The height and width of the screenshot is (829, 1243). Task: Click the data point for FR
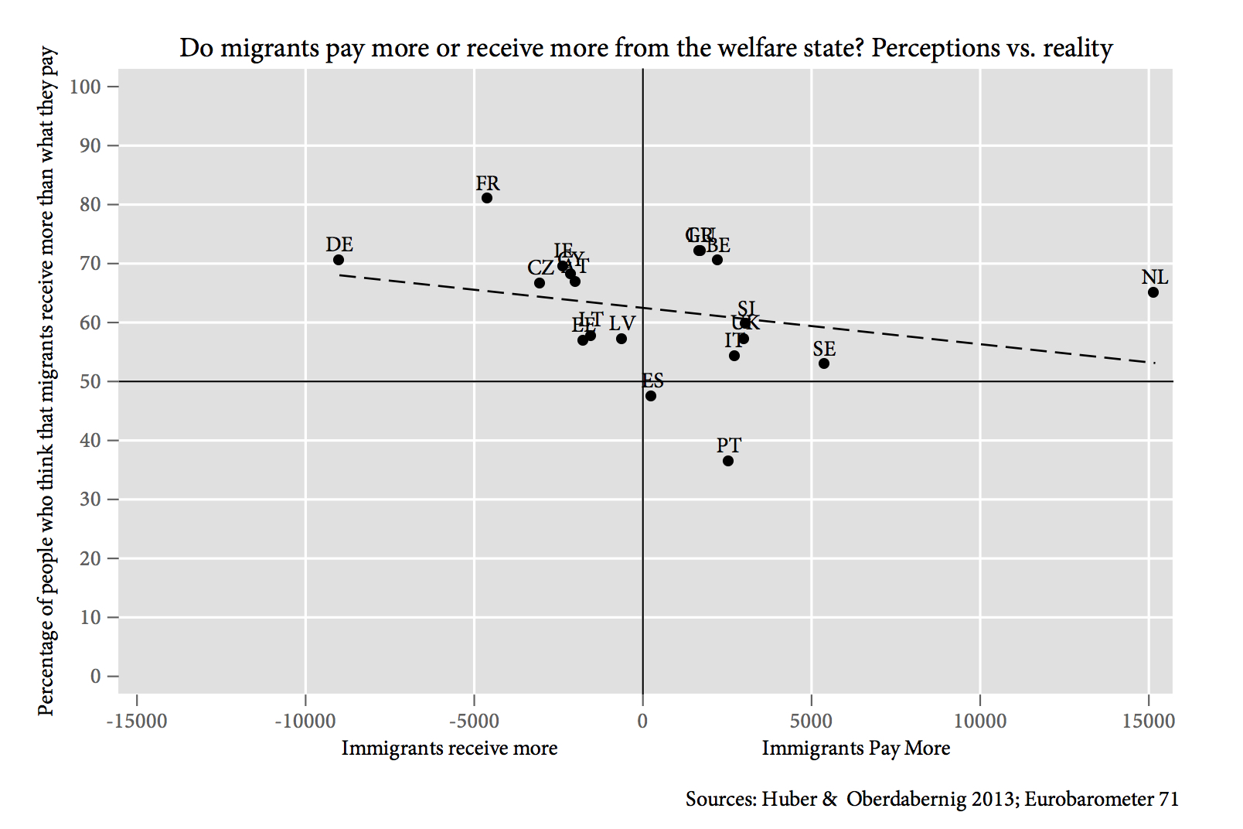point(487,198)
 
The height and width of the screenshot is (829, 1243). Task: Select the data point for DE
point(339,260)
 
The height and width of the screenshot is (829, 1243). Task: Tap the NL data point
point(1153,292)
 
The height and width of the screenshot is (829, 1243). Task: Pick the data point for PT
point(728,461)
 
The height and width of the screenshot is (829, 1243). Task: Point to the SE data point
point(824,363)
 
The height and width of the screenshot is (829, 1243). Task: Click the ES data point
point(651,396)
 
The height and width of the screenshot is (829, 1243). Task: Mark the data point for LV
point(621,339)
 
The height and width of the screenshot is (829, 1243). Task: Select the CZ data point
point(540,283)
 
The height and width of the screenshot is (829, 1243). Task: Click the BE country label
point(718,246)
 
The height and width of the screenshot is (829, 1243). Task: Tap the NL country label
point(1155,278)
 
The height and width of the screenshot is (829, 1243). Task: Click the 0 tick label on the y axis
point(95,677)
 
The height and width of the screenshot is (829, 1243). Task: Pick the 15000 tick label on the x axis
point(1149,722)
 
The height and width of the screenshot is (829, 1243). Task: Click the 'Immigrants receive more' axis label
point(449,749)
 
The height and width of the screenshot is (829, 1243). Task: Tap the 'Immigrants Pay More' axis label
point(856,749)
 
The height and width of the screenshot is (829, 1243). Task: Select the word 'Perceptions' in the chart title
point(935,48)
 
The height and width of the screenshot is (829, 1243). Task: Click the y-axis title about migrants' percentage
point(47,380)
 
